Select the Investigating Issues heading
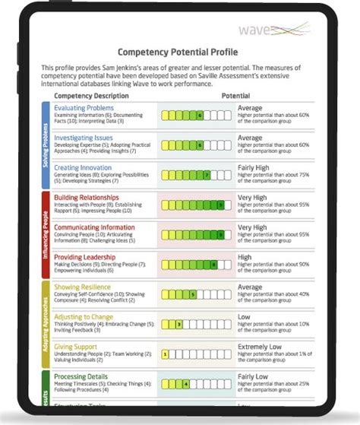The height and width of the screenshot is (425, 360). pos(84,138)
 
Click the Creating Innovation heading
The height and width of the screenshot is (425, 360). pos(82,167)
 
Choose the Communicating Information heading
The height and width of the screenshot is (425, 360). pos(94,227)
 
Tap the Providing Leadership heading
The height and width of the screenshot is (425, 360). pos(84,257)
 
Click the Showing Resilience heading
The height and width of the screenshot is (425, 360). pos(82,287)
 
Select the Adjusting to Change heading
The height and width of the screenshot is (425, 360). pos(84,316)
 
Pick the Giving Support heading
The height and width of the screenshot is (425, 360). pos(75,347)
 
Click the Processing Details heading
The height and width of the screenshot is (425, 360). pos(81,376)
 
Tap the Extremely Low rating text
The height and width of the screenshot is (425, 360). pos(259,347)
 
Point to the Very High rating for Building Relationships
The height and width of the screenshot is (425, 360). pos(253,197)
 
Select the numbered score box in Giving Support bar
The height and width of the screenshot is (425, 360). pos(166,354)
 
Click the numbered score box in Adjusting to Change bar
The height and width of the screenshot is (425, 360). pos(178,324)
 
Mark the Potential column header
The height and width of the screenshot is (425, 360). pos(235,97)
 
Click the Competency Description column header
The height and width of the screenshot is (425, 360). pos(92,97)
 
